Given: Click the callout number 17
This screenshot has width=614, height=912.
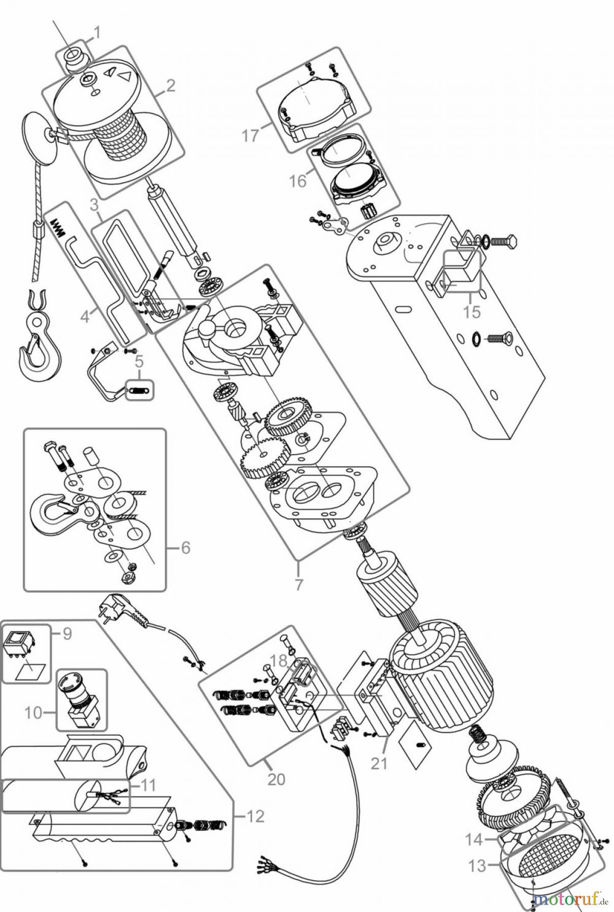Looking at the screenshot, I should click(x=250, y=136).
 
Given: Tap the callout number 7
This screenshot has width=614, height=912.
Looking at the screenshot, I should click(x=299, y=584).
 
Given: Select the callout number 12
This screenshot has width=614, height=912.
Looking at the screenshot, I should click(x=256, y=816).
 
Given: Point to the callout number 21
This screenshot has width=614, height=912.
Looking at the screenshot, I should click(x=379, y=763).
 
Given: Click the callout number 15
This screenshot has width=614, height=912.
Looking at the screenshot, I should click(x=472, y=312).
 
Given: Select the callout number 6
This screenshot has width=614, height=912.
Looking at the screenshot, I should click(x=185, y=548).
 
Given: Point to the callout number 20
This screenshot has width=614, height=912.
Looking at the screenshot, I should click(x=276, y=778).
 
